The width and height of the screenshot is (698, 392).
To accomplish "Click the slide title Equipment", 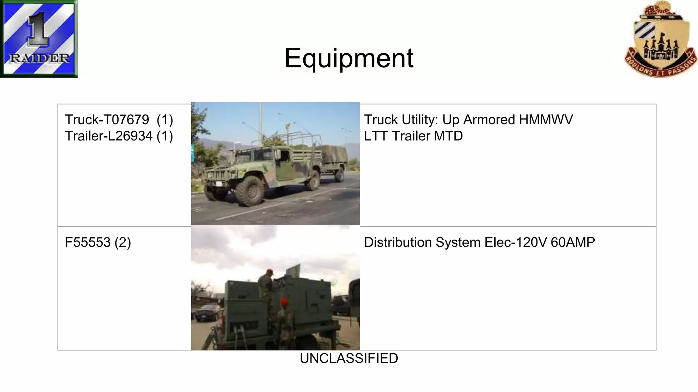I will point(349,58).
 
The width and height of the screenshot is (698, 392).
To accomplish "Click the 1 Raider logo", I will point(39,38).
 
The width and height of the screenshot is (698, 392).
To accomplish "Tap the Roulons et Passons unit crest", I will point(660,39).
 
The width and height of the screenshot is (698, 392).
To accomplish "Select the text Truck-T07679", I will point(107,120).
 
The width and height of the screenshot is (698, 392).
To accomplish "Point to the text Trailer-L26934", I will point(108,136).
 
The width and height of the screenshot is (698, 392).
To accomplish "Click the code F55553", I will point(88,243).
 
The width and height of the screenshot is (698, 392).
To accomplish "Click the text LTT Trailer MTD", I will point(413,136).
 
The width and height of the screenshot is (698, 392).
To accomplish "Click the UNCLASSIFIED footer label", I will point(349,358).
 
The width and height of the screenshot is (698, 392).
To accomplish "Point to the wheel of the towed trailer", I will point(339,174).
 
